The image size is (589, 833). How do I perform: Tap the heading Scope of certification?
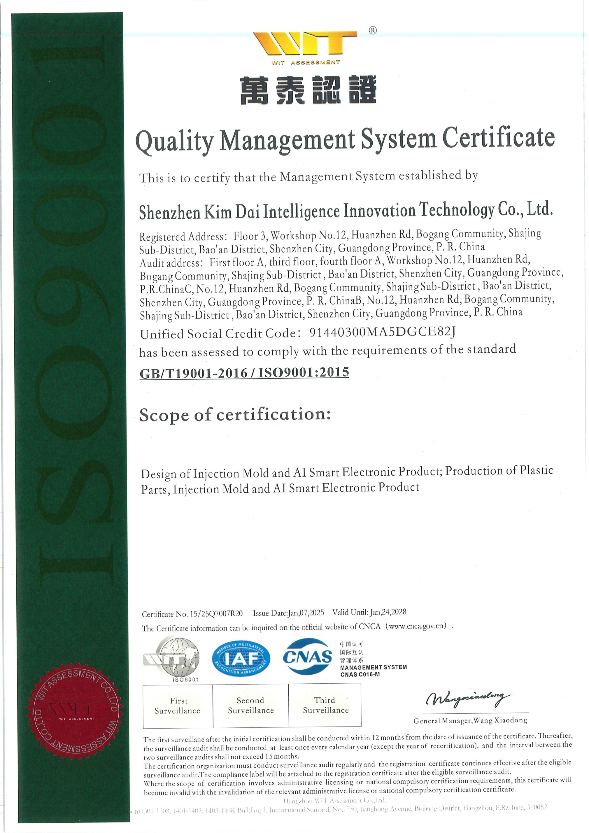coord(235,414)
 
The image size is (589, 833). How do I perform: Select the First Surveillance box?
coord(178,706)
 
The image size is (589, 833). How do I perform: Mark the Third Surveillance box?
coord(325,705)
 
